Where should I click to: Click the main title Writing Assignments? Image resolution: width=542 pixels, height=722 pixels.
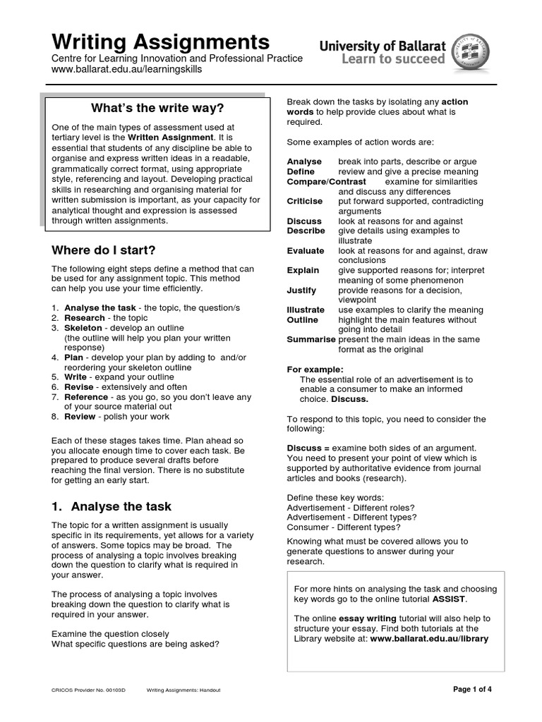161,40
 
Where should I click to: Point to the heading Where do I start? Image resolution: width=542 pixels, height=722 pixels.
103,250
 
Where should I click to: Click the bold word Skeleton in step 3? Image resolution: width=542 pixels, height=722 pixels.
83,328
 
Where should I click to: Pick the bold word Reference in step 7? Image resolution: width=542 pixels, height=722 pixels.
87,397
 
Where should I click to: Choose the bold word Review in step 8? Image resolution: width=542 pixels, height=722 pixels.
80,417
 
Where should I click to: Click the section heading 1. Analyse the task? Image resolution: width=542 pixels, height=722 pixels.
112,506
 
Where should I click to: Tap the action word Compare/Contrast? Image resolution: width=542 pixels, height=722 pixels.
326,181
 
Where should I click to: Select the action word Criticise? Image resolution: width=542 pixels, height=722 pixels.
305,201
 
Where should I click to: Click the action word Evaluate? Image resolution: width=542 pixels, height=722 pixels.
306,250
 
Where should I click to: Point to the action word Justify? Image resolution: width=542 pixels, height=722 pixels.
301,290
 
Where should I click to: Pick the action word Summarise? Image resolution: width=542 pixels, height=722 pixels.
311,339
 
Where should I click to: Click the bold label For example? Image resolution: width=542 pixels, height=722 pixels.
315,369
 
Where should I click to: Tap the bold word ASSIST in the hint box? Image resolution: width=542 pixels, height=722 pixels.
449,599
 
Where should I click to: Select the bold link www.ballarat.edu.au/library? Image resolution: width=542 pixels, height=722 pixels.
429,639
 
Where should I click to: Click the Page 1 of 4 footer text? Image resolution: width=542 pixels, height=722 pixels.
472,690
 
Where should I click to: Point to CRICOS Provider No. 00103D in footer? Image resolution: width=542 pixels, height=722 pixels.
88,690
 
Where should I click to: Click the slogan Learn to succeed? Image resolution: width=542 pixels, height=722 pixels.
393,59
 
